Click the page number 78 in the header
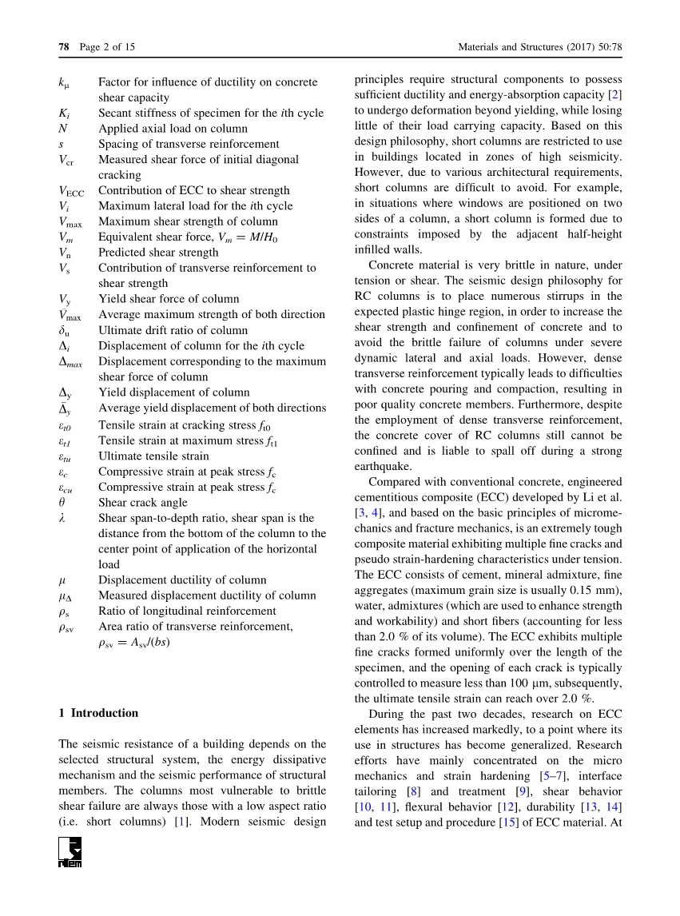pyautogui.click(x=64, y=47)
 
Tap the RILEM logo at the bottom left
pyautogui.click(x=70, y=853)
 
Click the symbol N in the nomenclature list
pyautogui.click(x=62, y=128)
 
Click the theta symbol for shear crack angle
pyautogui.click(x=62, y=503)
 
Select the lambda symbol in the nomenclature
pyautogui.click(x=62, y=518)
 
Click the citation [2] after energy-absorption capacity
pyautogui.click(x=615, y=95)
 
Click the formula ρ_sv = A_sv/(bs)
pyautogui.click(x=134, y=642)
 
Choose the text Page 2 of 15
pyautogui.click(x=108, y=47)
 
